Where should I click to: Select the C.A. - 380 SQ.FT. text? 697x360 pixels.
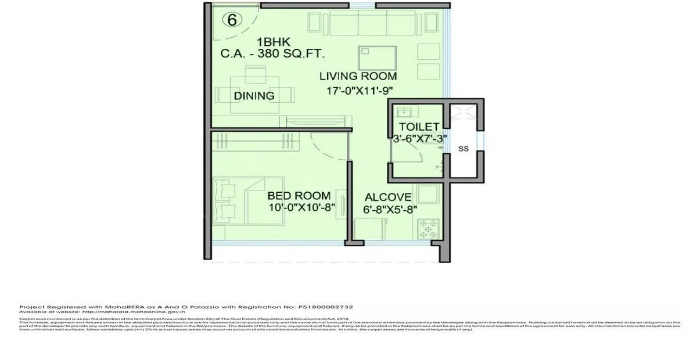[272, 55]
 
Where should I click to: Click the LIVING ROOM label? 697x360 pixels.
[358, 76]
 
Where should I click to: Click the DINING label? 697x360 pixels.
[254, 96]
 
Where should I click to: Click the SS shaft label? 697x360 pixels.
[463, 149]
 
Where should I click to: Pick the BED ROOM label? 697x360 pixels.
[299, 196]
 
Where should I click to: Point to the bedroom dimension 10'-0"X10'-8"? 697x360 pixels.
[299, 208]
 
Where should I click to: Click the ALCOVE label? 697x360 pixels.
[387, 197]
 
